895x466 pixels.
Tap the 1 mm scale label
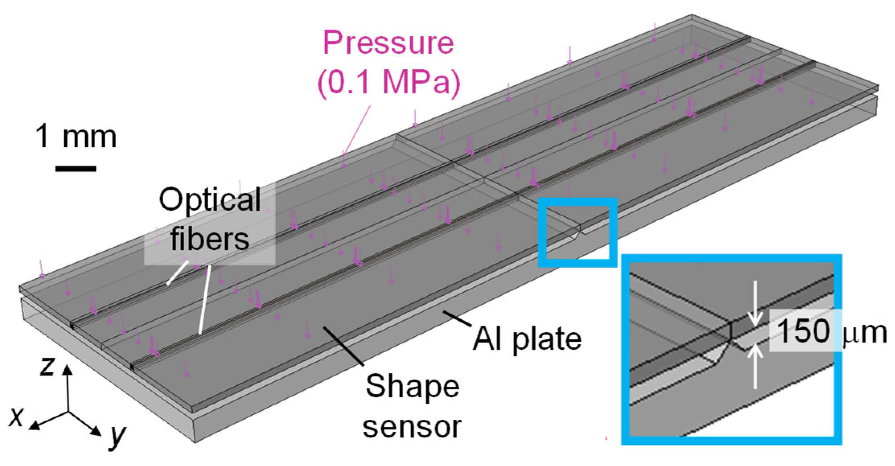76,137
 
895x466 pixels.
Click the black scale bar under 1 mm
76,168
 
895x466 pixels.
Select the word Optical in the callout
210,199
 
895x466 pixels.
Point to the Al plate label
527,339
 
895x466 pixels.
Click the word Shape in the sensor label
413,386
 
